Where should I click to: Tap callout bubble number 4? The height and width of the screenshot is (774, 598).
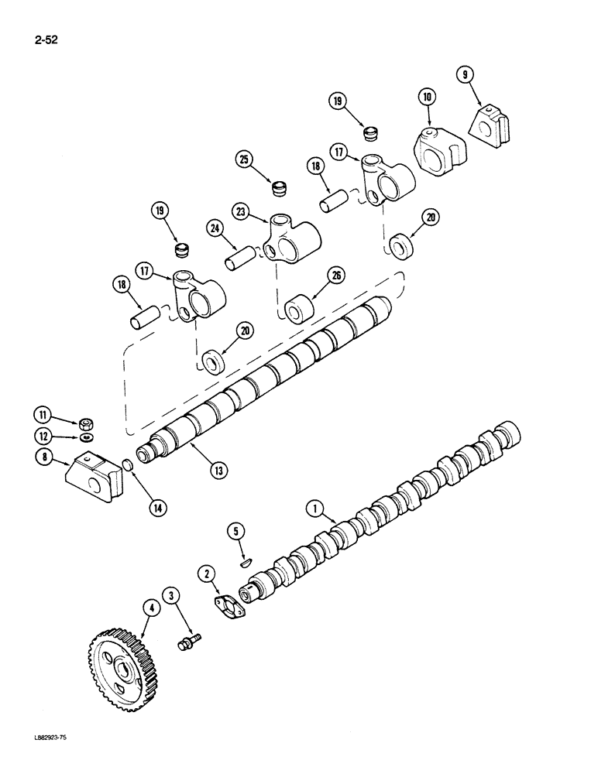(152, 609)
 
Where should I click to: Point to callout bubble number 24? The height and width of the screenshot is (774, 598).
(215, 228)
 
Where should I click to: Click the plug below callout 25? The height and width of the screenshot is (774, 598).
(277, 187)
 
